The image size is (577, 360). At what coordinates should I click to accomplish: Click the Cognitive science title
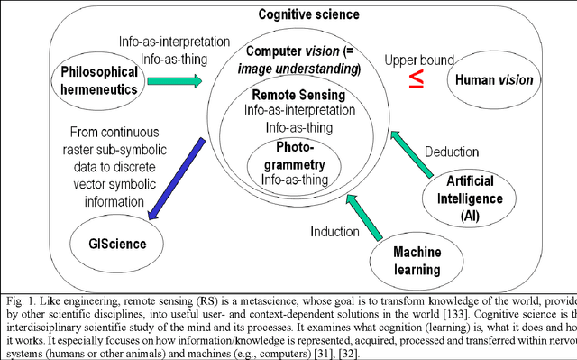[x=309, y=14]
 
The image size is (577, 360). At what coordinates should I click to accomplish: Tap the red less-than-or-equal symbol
[x=416, y=78]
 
